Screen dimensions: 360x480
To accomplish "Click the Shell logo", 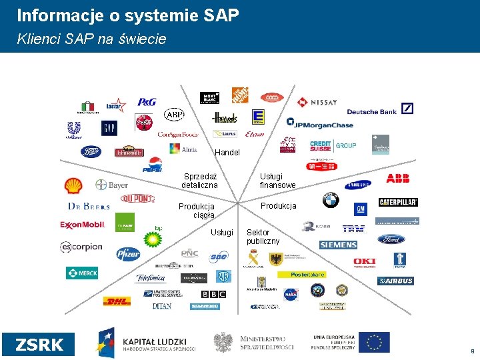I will (73, 185).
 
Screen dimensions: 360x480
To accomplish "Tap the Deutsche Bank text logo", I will (371, 111).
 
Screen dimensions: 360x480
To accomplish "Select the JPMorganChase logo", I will (320, 123).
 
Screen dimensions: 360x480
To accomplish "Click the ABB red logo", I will (398, 179).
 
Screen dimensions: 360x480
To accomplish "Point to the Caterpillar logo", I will (398, 202).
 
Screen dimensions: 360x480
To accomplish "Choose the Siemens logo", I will (338, 245).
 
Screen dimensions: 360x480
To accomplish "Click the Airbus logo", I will (395, 281).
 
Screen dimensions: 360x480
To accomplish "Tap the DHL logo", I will (116, 301).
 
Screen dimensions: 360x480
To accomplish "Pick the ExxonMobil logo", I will (83, 225).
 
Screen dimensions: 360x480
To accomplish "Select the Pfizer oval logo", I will (128, 253).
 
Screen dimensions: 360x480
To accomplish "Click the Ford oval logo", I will (391, 239).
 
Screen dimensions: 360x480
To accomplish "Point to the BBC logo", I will (213, 294).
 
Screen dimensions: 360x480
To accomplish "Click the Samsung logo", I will (357, 186).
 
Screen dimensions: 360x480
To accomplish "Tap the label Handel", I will (227, 153).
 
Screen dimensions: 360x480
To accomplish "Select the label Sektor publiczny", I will (263, 237).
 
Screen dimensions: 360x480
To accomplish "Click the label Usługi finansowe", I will (277, 181).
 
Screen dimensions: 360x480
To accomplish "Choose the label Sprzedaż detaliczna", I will (200, 180).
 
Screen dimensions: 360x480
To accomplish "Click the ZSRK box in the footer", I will (39, 344).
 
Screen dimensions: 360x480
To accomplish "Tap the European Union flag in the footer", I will (375, 342).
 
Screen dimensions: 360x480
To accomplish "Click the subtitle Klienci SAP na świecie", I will (91, 39).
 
